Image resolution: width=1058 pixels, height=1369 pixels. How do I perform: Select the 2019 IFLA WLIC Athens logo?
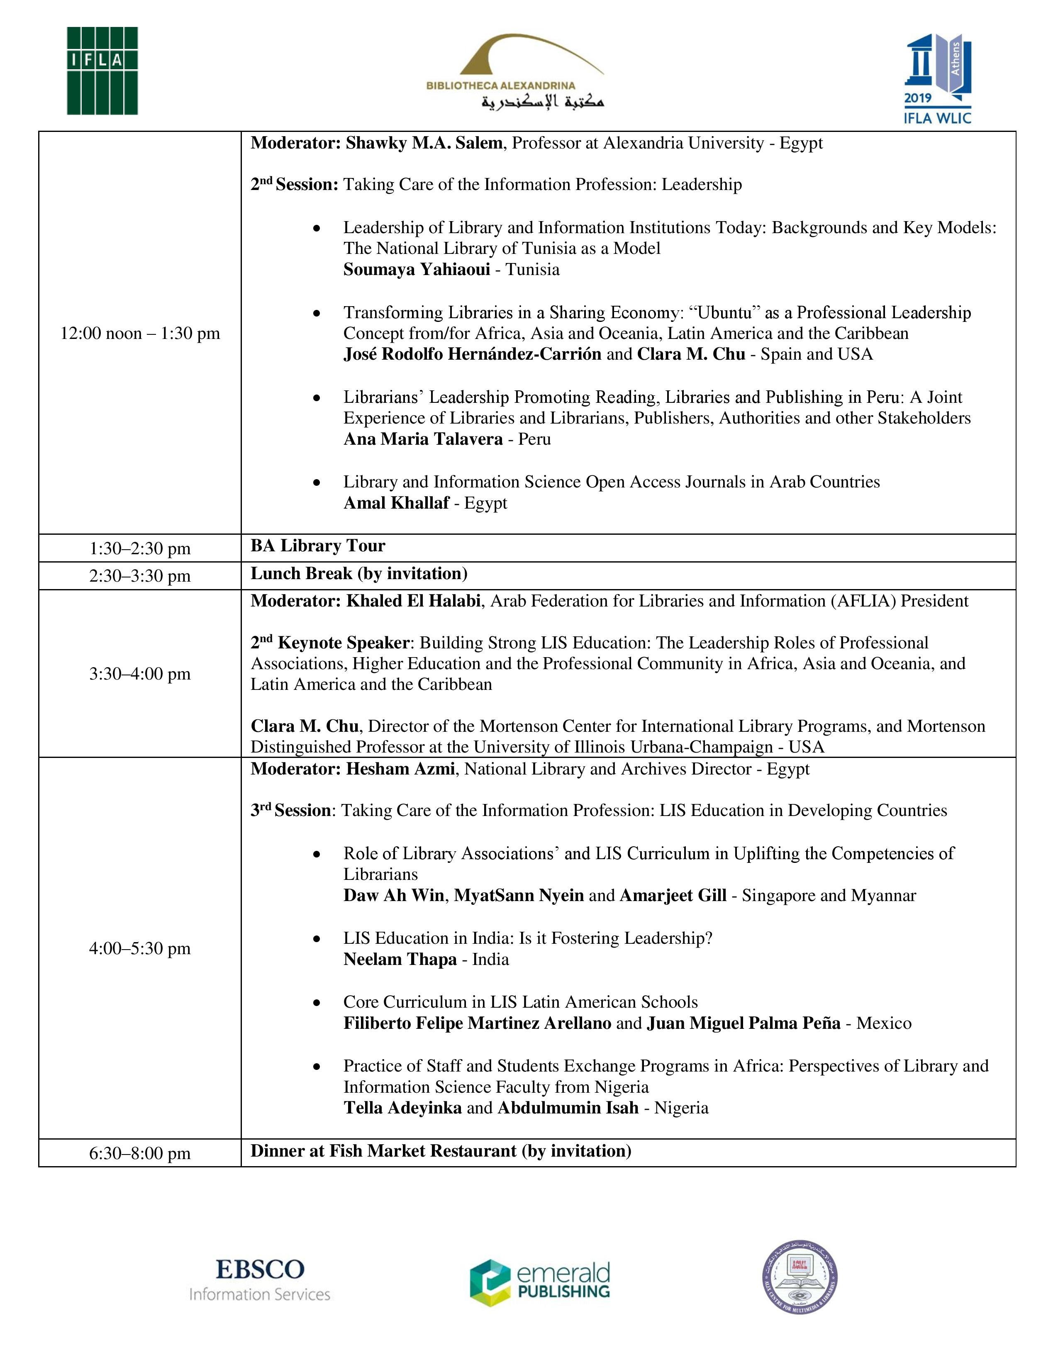[x=937, y=80]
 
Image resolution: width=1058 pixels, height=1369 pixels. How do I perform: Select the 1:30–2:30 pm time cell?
[x=140, y=548]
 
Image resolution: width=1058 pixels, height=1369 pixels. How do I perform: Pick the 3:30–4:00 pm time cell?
[x=140, y=674]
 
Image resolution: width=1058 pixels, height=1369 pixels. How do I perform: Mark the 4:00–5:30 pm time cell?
[x=140, y=948]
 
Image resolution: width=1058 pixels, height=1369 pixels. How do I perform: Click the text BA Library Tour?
[x=318, y=546]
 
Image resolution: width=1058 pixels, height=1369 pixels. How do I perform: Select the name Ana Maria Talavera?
[x=423, y=439]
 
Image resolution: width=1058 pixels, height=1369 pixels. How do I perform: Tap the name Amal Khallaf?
[x=396, y=503]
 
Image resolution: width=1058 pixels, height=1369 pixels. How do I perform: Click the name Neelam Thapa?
[x=400, y=960]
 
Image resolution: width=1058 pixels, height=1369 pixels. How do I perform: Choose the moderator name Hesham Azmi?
[x=400, y=769]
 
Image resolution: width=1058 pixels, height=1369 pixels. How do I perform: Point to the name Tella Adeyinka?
[x=402, y=1108]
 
